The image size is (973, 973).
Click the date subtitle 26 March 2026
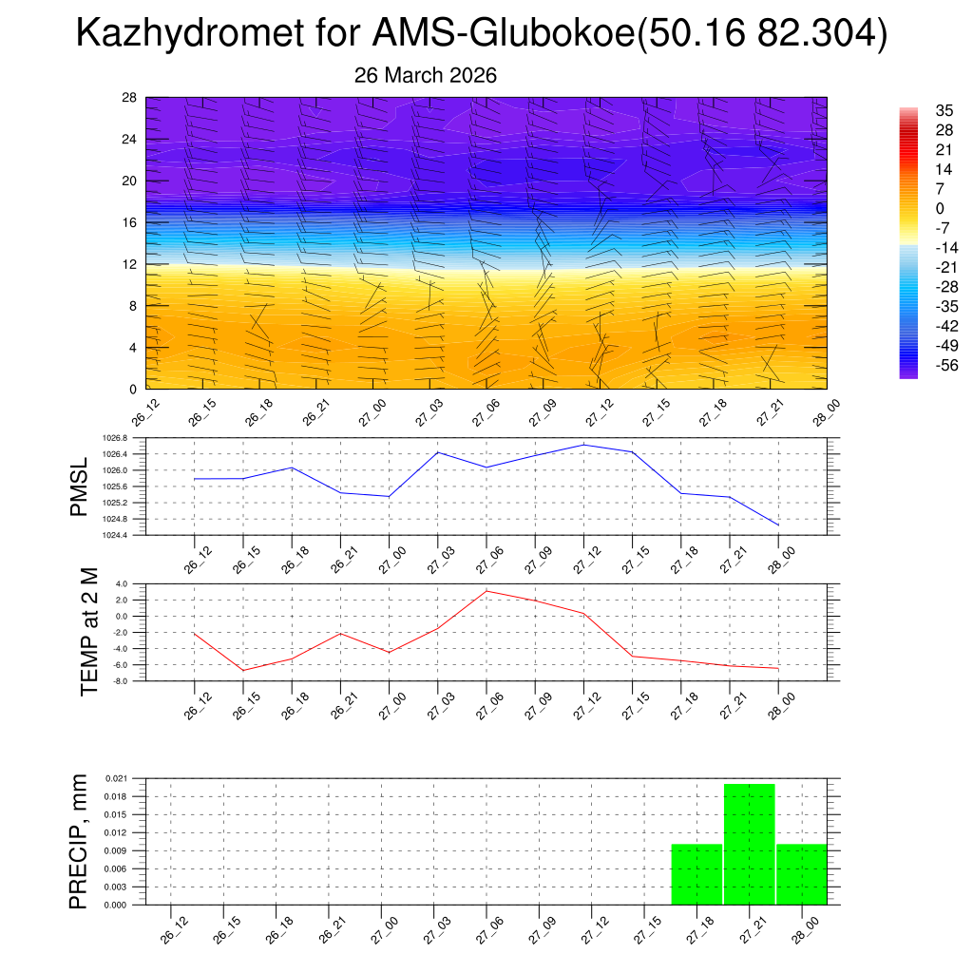(425, 75)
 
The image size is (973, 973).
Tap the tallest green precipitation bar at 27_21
(750, 844)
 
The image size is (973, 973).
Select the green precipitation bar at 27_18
(696, 874)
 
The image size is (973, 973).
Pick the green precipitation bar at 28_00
(802, 874)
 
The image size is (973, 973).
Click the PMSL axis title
(83, 486)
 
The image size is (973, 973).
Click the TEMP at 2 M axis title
(89, 633)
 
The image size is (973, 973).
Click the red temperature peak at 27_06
(486, 591)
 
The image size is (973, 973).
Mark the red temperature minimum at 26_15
(243, 671)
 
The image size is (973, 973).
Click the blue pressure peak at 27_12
(583, 445)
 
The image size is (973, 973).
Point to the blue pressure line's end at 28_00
(778, 525)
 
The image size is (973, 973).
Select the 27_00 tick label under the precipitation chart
(384, 927)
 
